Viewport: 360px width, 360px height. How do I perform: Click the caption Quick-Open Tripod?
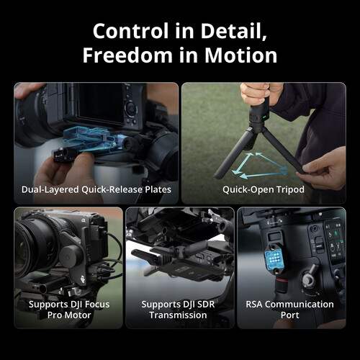pyautogui.click(x=264, y=190)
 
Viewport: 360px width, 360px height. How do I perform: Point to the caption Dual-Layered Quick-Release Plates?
pyautogui.click(x=96, y=190)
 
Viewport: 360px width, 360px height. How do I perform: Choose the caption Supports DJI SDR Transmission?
pyautogui.click(x=180, y=310)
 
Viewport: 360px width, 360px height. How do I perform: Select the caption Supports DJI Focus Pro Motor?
pyautogui.click(x=68, y=310)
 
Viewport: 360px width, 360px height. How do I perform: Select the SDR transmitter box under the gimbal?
pyautogui.click(x=174, y=264)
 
